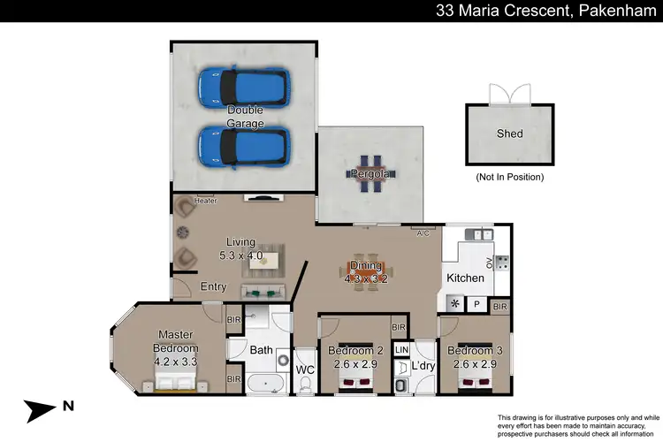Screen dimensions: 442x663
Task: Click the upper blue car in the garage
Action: (244, 87)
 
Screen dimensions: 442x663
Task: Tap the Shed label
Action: (509, 134)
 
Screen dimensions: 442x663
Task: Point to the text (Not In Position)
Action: (509, 177)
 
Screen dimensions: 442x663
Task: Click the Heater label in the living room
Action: (205, 201)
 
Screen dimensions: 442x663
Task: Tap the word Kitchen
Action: (465, 278)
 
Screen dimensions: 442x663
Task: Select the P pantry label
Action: (476, 304)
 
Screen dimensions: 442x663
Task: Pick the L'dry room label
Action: (423, 365)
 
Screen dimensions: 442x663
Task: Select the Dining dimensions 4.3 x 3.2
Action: (366, 278)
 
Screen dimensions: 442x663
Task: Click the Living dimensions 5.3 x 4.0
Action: (240, 255)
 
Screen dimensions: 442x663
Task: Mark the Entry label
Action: (213, 286)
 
